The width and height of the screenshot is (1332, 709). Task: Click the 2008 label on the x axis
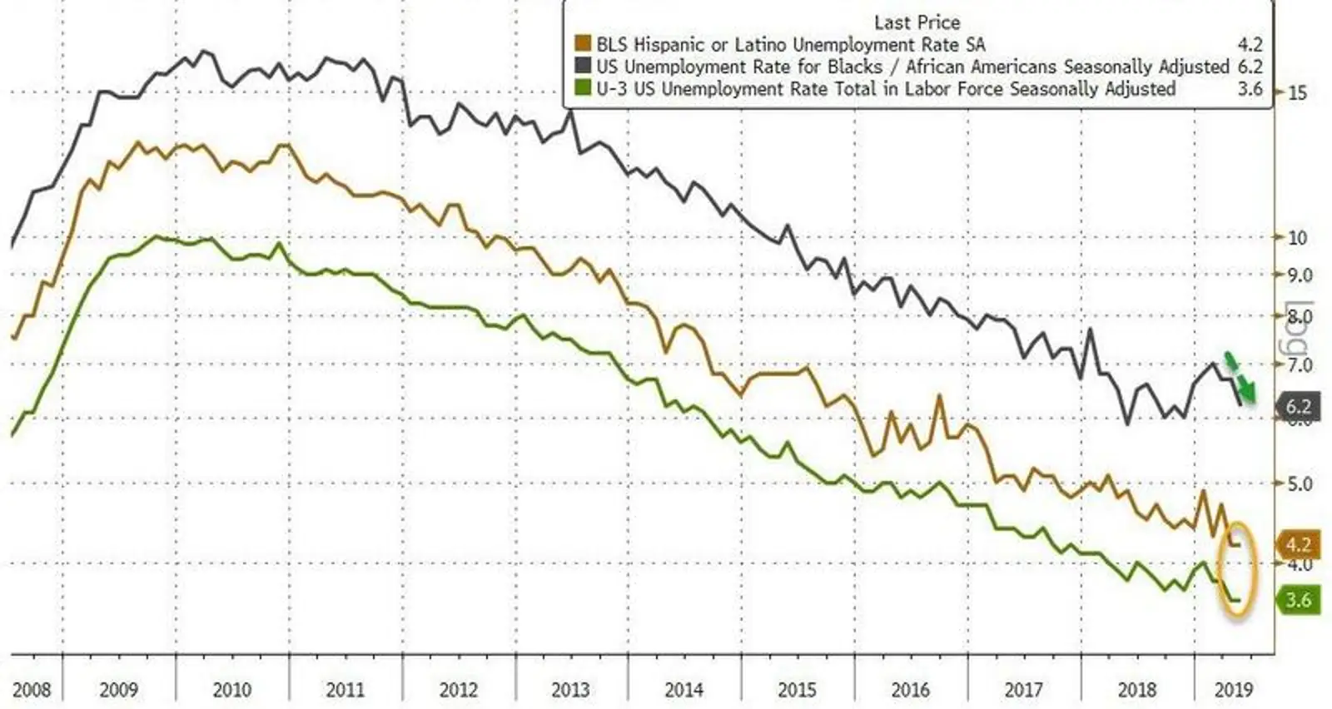(32, 690)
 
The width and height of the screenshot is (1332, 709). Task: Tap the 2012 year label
(458, 690)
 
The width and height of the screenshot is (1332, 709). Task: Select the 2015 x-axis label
(797, 690)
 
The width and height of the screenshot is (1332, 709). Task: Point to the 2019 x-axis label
(1233, 690)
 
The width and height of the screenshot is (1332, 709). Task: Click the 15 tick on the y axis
(1297, 92)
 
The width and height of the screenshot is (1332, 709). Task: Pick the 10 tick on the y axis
(1297, 238)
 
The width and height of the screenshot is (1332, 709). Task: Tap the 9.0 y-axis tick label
(1300, 275)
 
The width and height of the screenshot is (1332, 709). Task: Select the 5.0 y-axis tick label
(1300, 483)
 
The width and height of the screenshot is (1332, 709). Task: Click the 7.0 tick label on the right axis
(1300, 364)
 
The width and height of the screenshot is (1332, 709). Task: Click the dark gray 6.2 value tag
(1298, 406)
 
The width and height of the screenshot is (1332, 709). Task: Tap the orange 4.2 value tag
(1298, 545)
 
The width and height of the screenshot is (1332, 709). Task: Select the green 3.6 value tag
(1298, 599)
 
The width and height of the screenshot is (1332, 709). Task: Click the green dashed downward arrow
(1240, 376)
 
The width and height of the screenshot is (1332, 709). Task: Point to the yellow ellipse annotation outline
(1222, 574)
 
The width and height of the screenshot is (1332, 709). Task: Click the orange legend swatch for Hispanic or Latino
(583, 45)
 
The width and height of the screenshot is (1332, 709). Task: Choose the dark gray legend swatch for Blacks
(583, 67)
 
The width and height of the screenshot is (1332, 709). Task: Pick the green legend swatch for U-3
(583, 88)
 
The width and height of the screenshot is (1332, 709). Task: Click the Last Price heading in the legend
(917, 22)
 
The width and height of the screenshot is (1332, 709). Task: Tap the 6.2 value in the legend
(1250, 67)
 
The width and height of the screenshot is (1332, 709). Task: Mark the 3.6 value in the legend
(1250, 88)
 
